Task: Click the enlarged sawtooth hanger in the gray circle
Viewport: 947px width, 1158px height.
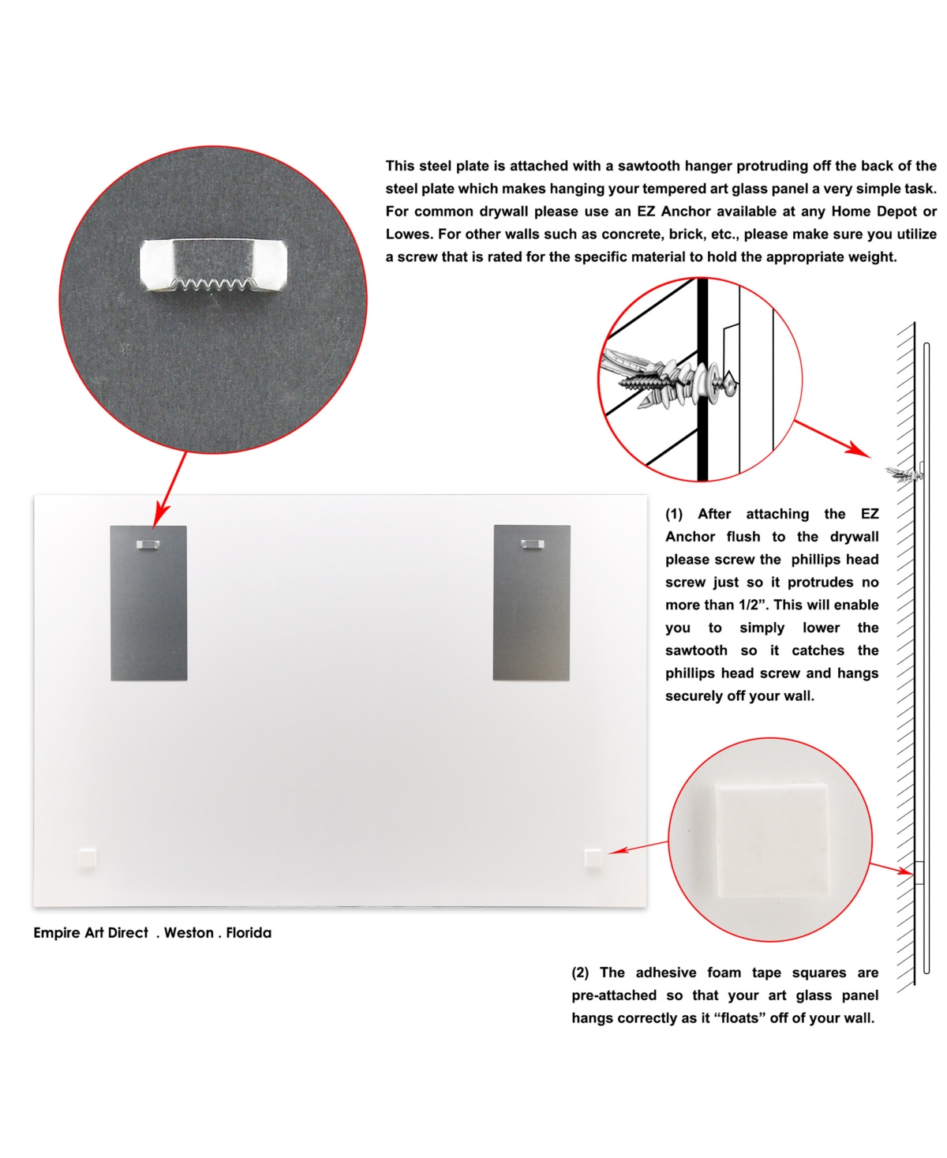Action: [213, 264]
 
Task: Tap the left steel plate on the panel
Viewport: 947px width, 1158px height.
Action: [149, 603]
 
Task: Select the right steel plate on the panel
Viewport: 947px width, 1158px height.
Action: [531, 602]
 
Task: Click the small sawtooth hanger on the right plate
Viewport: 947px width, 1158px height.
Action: [532, 544]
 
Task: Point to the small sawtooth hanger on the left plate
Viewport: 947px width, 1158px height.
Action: [148, 544]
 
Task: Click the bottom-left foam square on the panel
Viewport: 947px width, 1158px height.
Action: [87, 858]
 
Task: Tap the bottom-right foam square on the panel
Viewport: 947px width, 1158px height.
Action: [593, 858]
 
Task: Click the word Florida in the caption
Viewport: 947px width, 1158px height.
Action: [249, 933]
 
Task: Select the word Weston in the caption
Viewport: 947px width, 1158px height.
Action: [189, 933]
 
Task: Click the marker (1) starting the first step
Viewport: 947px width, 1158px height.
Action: [674, 514]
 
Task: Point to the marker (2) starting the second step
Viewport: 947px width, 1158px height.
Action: [580, 972]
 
